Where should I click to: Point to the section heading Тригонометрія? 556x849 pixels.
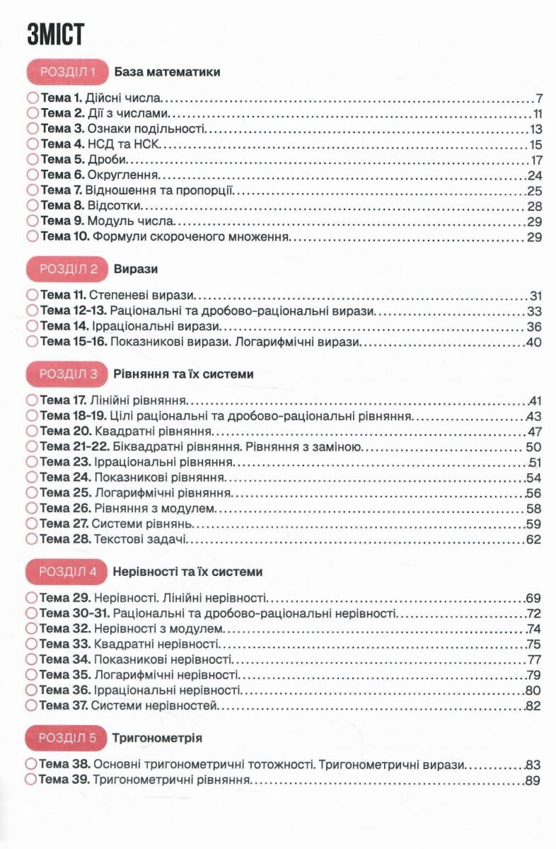pyautogui.click(x=157, y=738)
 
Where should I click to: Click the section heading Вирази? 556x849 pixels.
pyautogui.click(x=134, y=269)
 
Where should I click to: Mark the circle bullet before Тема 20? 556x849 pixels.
pyautogui.click(x=31, y=432)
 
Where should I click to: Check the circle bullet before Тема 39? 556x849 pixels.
pyautogui.click(x=31, y=780)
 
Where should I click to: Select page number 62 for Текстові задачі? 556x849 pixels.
pyautogui.click(x=534, y=540)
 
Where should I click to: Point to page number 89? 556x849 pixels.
pyautogui.click(x=534, y=780)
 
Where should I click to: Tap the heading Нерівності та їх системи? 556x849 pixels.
pyautogui.click(x=187, y=571)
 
